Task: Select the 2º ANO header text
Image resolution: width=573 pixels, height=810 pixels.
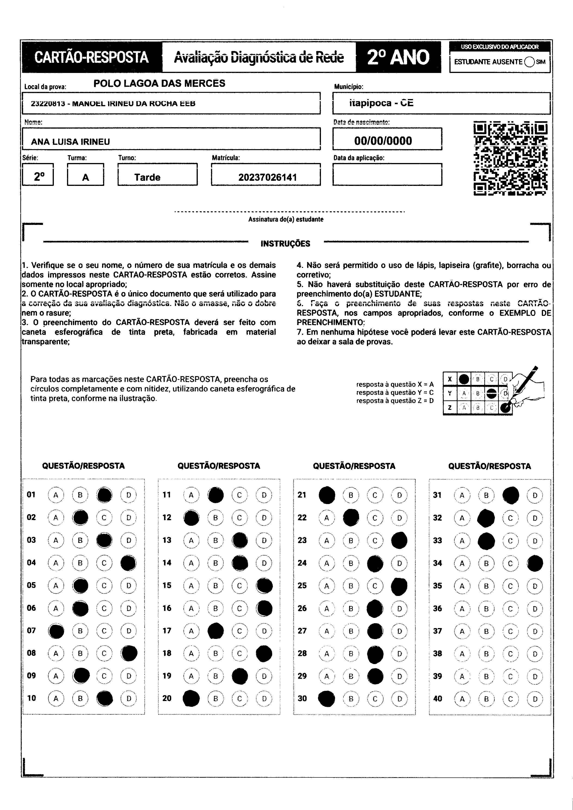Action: point(398,57)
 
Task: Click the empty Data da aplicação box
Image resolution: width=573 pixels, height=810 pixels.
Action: point(387,175)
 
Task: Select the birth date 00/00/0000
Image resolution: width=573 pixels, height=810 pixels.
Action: point(383,141)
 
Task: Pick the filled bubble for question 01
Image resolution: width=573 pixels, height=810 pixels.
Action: point(104,495)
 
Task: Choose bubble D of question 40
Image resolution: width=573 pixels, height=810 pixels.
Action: point(535,699)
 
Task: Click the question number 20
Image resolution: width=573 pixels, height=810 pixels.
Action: point(167,698)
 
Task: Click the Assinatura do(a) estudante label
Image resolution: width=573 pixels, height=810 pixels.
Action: point(286,219)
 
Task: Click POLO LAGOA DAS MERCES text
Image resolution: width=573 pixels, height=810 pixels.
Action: point(159,84)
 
